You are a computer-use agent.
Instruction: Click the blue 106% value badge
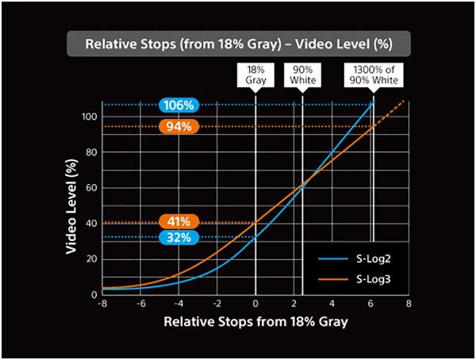[178, 105]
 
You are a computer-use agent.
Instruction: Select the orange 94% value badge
[178, 127]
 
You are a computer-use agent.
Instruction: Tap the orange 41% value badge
[178, 222]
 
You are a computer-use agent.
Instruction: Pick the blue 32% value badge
[178, 237]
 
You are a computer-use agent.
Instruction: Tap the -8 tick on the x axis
[102, 303]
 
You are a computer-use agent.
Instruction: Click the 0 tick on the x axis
[255, 303]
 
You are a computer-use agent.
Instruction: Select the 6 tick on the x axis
[370, 303]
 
